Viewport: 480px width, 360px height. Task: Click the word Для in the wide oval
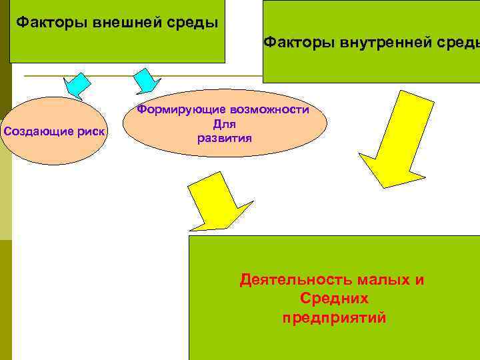(x=225, y=124)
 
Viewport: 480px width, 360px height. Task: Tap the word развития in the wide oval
(x=225, y=139)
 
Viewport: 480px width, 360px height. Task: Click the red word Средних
(x=334, y=299)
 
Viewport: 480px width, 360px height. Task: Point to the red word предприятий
(x=334, y=317)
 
